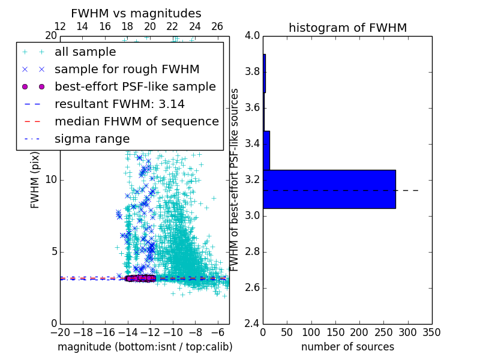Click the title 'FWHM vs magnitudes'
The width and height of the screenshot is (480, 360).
[x=136, y=13]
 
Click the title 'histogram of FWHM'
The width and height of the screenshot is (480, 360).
[x=347, y=28]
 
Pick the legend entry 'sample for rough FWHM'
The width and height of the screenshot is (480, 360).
[x=127, y=69]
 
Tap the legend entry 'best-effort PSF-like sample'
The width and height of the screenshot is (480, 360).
[x=135, y=86]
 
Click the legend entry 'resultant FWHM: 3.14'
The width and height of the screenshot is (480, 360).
[x=119, y=104]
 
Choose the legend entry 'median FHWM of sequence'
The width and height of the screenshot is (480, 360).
[x=136, y=121]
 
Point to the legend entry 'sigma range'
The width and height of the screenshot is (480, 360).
[x=92, y=139]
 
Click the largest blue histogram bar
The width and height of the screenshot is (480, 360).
[x=329, y=189]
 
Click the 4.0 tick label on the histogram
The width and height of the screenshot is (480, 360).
[x=252, y=36]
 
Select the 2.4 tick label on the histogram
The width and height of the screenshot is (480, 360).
[x=252, y=323]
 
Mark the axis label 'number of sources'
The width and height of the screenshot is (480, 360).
[x=347, y=347]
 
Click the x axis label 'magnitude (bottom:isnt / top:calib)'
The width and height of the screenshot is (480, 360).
[x=145, y=347]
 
